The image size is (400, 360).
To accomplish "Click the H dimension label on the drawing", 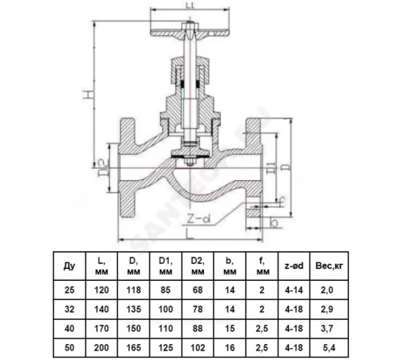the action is [88, 95].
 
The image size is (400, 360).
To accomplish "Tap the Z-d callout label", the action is [198, 219].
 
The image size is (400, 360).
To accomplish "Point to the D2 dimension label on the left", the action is [104, 168].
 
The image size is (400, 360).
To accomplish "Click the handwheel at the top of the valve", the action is [190, 33].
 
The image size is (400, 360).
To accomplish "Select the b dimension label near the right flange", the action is [274, 222].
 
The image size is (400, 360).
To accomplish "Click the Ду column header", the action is [70, 266].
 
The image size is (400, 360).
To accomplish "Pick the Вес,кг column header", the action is [329, 266].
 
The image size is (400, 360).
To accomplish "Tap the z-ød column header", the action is [294, 266].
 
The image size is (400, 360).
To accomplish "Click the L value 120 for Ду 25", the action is [102, 290].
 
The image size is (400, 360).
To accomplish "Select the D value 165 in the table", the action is [134, 348].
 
